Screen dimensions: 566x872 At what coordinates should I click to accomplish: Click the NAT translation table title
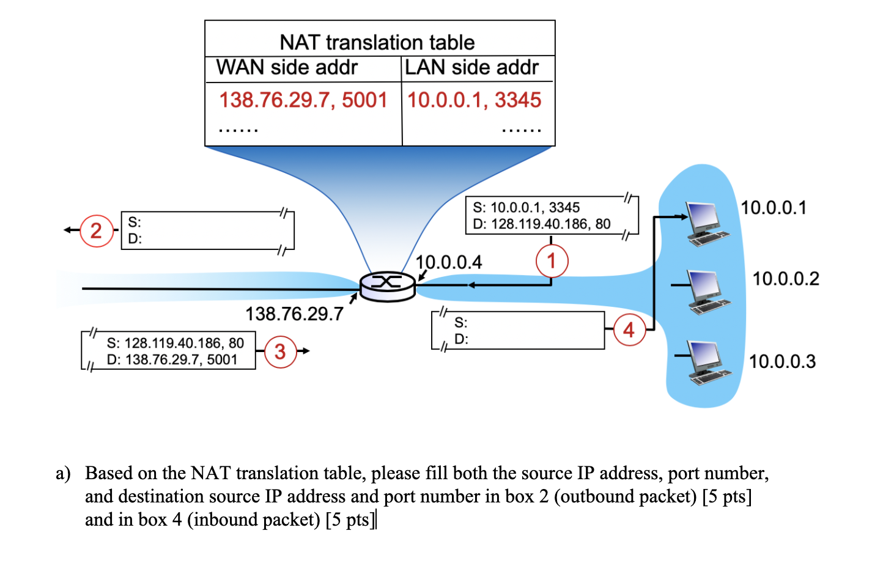pos(377,42)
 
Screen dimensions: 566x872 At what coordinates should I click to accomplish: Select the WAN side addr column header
pos(287,67)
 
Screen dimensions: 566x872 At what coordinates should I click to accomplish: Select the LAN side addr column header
pos(471,67)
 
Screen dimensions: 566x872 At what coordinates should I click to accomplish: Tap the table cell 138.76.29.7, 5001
pos(303,100)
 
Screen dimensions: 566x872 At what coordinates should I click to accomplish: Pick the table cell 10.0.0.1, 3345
pos(475,100)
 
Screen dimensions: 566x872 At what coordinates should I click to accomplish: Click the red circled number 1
pos(552,261)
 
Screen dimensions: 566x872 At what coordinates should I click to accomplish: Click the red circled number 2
pos(96,231)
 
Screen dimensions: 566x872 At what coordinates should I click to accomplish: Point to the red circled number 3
pos(280,351)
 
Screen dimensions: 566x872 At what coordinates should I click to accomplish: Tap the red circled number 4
pos(629,330)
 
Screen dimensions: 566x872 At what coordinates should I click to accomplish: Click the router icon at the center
pos(387,286)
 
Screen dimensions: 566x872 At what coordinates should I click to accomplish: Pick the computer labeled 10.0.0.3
pos(708,362)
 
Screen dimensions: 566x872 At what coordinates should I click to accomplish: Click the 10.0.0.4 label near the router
pos(449,262)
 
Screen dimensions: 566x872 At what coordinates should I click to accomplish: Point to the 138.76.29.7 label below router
pos(294,314)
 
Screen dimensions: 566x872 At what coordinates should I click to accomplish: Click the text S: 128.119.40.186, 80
pos(175,343)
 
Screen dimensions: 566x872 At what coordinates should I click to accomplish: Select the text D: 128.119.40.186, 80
pos(542,224)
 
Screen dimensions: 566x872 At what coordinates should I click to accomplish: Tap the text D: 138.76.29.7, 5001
pos(172,359)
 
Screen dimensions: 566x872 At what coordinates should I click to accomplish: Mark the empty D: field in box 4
pos(526,339)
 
